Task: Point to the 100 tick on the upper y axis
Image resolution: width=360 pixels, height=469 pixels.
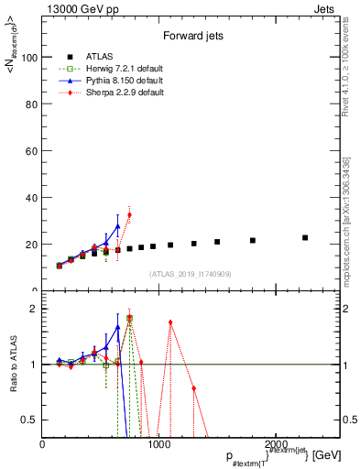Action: coord(30,57)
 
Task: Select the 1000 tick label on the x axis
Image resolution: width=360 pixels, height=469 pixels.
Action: coord(158,444)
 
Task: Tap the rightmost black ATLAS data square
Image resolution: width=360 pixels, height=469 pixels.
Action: coord(305,237)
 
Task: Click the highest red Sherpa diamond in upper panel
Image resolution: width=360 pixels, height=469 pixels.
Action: coord(129,214)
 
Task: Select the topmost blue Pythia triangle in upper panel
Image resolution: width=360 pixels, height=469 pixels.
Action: coord(117,225)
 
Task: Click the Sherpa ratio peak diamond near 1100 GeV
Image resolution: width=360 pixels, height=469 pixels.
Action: coord(170,322)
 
